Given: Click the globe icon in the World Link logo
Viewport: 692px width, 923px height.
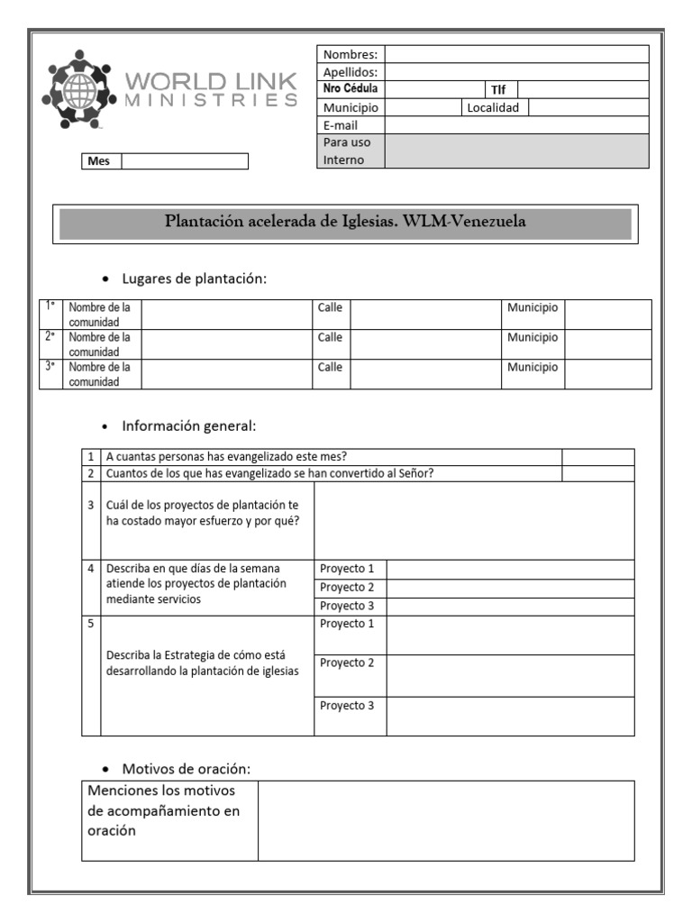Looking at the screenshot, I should coord(80,91).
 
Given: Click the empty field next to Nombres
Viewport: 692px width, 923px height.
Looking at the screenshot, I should coord(516,54).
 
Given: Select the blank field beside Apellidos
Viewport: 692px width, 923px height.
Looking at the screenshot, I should coord(516,72).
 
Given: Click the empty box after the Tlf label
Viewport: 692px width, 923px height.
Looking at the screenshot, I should coord(582,89).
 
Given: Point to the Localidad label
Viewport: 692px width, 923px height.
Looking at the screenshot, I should coord(493,107).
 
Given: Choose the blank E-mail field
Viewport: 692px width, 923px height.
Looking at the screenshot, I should coord(516,125).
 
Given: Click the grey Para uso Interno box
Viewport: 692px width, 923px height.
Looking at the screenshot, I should coord(516,151).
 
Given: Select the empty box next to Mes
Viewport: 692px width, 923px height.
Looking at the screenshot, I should coord(185,161).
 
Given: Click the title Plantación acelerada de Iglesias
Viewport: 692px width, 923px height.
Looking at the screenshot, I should coord(345,222).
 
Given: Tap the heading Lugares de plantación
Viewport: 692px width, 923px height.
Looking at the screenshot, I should coord(195,279).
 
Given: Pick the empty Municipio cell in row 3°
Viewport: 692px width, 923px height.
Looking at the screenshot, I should coord(607,374).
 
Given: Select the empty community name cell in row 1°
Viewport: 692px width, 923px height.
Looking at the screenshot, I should coord(226,315).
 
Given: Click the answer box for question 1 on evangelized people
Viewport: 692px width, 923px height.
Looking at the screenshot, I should coord(597,457).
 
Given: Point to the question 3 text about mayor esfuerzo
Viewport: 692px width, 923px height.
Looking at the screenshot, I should coord(203,513).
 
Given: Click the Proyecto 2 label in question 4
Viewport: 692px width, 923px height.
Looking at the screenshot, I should coord(347,587).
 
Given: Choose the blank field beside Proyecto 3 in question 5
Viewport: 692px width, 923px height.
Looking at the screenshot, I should coord(510,716).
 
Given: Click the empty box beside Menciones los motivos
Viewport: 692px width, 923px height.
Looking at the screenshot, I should coord(446,820).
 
